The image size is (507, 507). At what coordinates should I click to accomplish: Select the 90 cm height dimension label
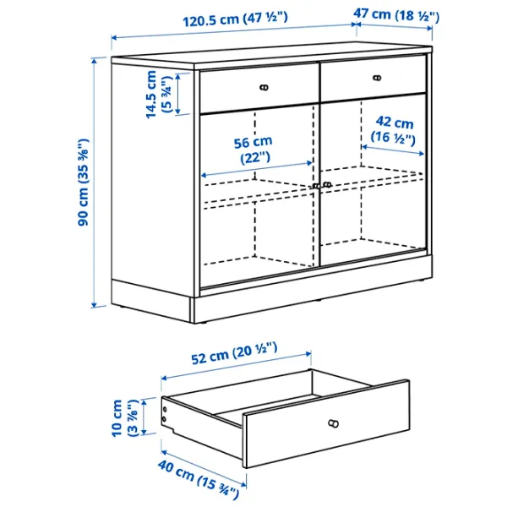84,182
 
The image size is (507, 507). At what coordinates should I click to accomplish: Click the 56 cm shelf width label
253,149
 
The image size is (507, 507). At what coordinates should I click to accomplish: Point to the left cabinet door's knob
315,186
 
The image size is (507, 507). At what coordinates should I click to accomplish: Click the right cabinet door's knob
327,184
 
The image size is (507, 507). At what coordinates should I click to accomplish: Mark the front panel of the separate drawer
330,422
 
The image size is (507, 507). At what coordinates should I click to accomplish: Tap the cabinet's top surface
270,55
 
